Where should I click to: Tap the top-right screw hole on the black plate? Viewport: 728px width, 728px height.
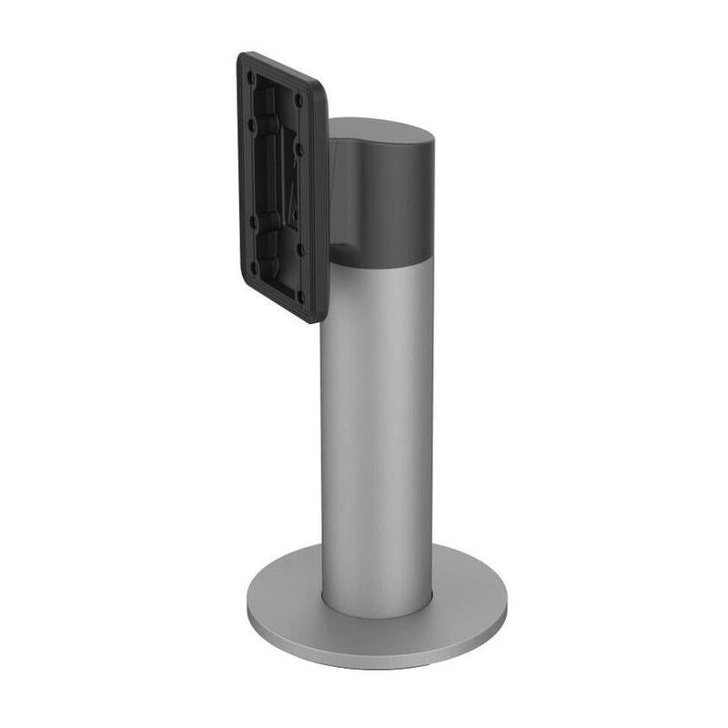(x=299, y=100)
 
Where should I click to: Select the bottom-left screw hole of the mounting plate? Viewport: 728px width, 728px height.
(x=253, y=268)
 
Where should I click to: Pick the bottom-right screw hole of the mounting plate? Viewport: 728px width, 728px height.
(x=301, y=297)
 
